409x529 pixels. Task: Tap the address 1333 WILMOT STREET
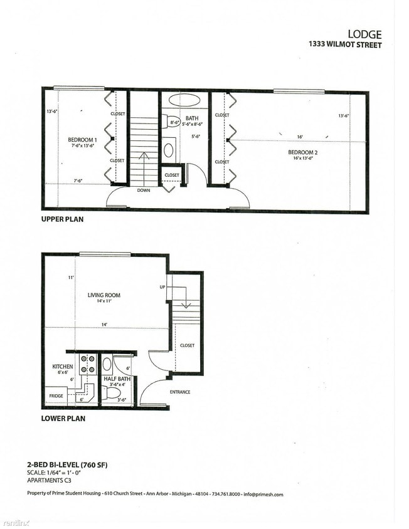[x=344, y=45]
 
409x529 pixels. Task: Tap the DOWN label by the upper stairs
[x=143, y=190]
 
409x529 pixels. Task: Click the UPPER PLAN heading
[x=62, y=220]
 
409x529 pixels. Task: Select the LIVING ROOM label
[x=104, y=295]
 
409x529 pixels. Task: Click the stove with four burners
[x=88, y=365]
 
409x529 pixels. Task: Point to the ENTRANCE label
[x=179, y=392]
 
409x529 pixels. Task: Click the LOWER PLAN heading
[x=63, y=418]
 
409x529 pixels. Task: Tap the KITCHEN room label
[x=63, y=367]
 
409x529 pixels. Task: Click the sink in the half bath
[x=107, y=363]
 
